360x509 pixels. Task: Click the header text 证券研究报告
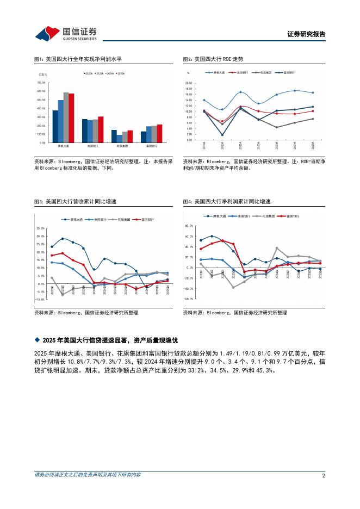tap(306, 34)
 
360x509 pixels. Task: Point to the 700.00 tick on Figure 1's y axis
tap(41, 83)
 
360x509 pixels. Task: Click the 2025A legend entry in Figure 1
tap(121, 73)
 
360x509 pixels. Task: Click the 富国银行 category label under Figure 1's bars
tap(152, 146)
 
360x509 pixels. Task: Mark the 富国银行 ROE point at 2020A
tap(222, 135)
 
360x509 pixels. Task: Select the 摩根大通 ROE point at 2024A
tap(295, 91)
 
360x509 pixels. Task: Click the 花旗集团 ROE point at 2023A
tap(276, 127)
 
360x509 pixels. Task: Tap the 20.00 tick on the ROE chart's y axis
tap(189, 83)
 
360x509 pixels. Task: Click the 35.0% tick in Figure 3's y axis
tap(40, 228)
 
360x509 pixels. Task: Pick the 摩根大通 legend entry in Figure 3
tap(73, 219)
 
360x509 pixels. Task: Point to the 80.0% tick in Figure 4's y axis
tap(189, 225)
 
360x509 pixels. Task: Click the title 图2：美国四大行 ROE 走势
tap(213, 59)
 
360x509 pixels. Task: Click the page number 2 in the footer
tap(323, 475)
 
